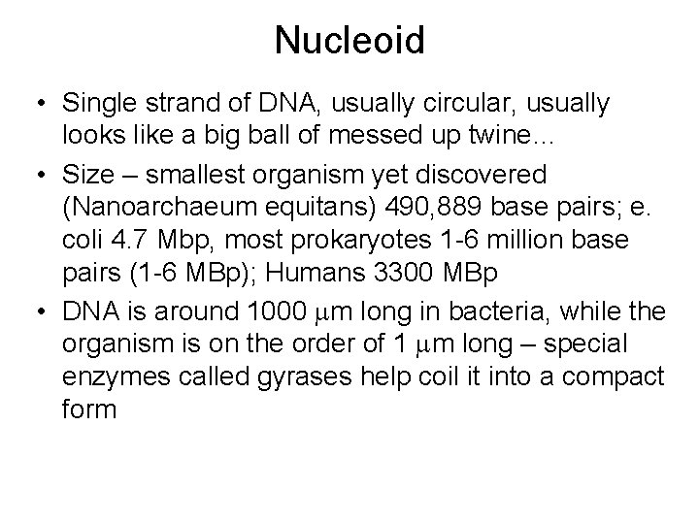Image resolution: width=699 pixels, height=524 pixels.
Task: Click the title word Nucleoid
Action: click(349, 41)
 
